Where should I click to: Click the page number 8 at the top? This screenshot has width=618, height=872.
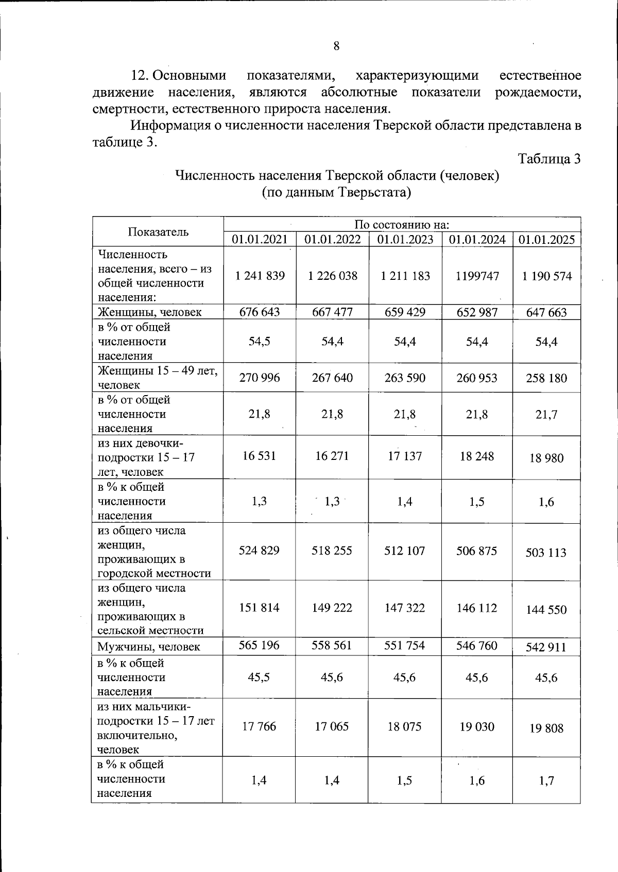336,47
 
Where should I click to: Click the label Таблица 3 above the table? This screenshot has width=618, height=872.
549,159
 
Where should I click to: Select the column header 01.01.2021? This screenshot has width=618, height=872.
260,239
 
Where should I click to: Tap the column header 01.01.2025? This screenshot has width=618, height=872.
546,240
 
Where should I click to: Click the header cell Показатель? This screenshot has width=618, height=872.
158,232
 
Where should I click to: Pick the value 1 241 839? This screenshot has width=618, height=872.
260,276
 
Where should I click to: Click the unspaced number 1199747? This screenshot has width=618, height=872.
477,276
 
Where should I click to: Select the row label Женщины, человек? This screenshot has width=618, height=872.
149,312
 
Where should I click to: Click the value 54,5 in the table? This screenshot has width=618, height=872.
260,342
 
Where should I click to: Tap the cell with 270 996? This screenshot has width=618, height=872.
260,378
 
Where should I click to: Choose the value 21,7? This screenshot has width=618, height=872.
546,415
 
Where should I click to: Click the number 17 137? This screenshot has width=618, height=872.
405,456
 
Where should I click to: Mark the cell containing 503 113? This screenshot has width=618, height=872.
546,553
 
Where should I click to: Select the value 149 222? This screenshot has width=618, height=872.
332,608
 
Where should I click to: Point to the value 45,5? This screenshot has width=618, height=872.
260,678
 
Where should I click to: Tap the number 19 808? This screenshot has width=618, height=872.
546,728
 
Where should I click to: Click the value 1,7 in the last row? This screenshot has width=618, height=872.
546,781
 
